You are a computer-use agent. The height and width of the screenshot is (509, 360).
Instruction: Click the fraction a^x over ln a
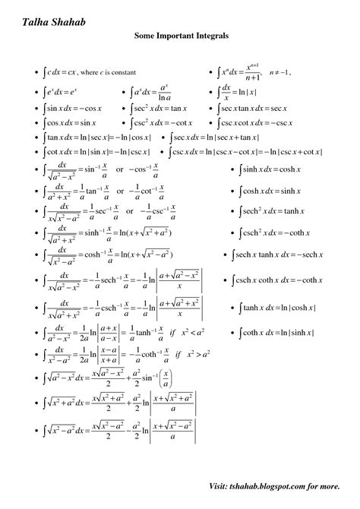164,93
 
